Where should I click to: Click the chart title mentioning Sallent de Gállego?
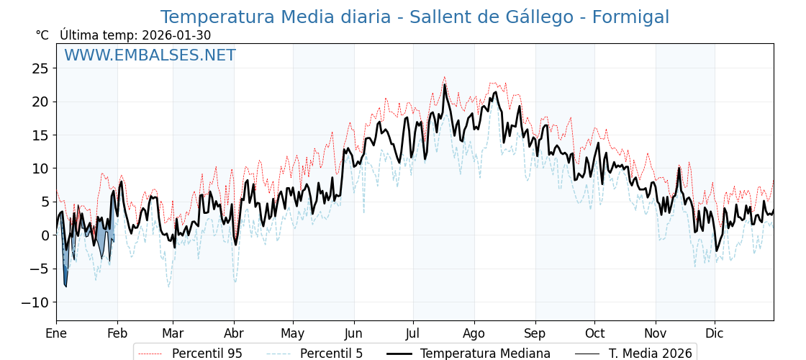tap(415, 17)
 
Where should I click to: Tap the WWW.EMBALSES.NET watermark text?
tap(150, 55)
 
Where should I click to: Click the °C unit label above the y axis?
tap(42, 35)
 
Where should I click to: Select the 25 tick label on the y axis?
tap(40, 68)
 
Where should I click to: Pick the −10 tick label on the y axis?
tap(36, 302)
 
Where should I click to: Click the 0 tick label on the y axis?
tap(45, 235)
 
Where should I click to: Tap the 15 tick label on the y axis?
tap(40, 135)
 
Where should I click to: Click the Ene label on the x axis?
tap(56, 333)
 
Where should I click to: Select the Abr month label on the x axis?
tap(234, 333)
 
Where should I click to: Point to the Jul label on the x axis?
tap(413, 333)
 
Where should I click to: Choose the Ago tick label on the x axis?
tap(474, 333)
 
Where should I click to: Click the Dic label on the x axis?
tap(715, 333)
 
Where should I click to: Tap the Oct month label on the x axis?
tap(594, 333)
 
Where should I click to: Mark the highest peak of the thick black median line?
tap(444, 85)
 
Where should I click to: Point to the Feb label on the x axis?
tap(117, 333)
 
